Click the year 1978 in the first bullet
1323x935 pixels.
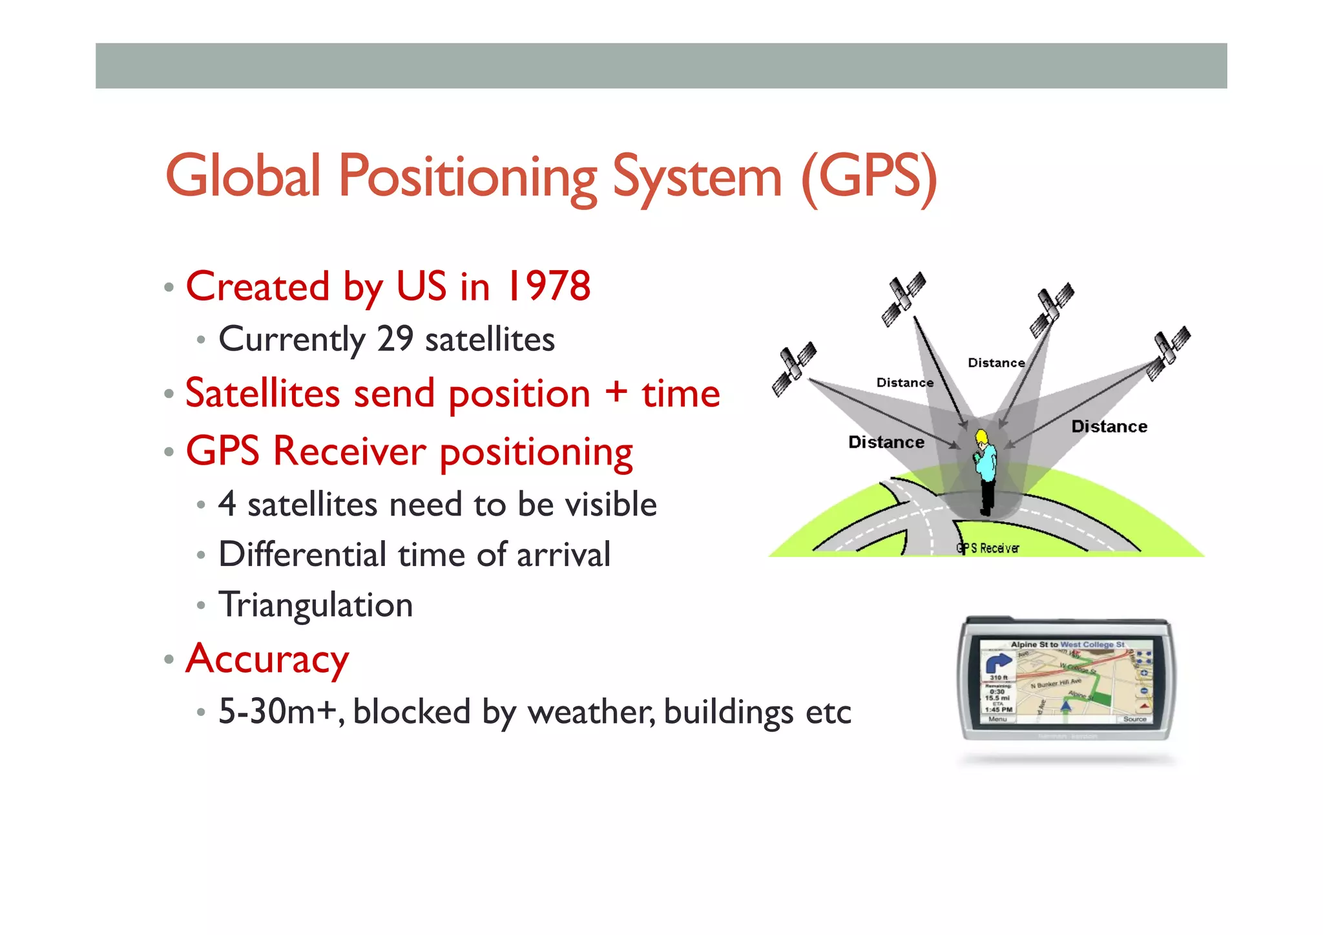click(x=549, y=286)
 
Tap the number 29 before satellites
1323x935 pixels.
click(x=395, y=339)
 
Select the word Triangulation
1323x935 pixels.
click(x=316, y=605)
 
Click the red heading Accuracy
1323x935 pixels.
click(x=267, y=659)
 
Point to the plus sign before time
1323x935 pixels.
click(x=616, y=392)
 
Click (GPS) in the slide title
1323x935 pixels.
click(x=869, y=176)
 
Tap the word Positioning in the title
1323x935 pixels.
click(x=468, y=176)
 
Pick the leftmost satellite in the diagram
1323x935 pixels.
click(x=794, y=369)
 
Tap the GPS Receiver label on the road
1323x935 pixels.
click(x=988, y=549)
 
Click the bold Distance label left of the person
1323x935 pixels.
click(x=886, y=443)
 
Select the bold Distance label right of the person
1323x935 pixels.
click(x=1109, y=426)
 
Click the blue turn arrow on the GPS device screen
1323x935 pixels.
click(x=998, y=663)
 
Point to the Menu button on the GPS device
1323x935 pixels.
click(x=997, y=719)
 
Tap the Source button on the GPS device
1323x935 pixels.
click(x=1134, y=719)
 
